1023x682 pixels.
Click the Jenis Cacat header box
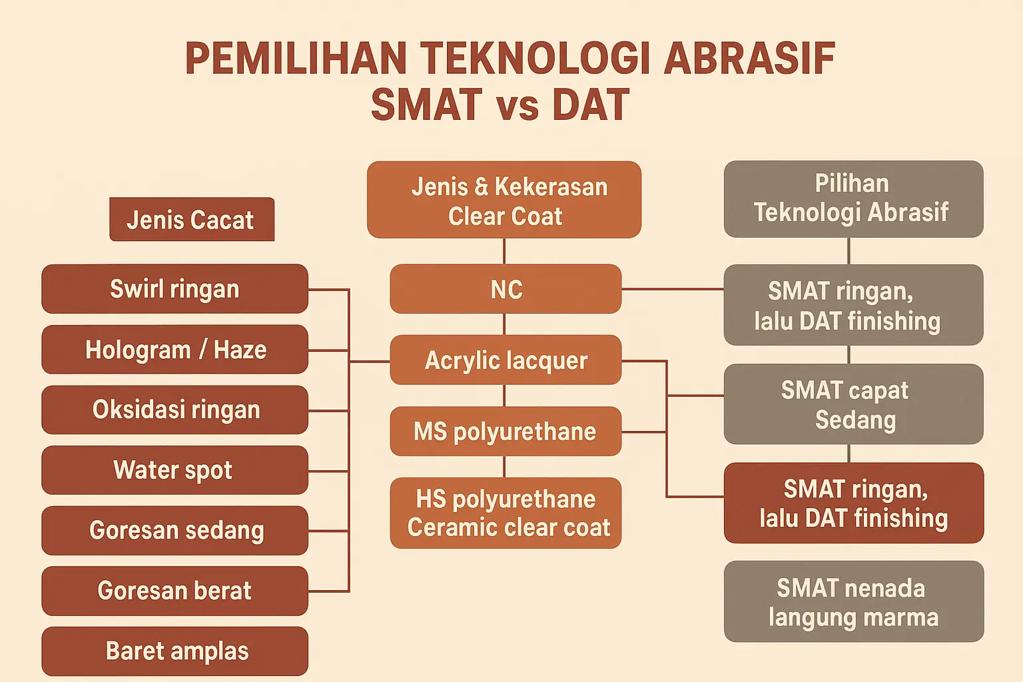[192, 219]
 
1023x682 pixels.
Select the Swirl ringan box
[175, 288]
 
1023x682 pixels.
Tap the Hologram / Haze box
[175, 350]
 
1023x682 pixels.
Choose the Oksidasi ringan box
[175, 410]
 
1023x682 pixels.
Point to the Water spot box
[175, 470]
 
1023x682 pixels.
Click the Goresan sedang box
[175, 530]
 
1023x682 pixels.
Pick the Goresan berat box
[175, 591]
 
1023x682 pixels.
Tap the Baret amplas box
[175, 651]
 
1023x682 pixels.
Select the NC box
[506, 288]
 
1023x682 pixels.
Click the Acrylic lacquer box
[506, 360]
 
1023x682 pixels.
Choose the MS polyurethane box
[506, 431]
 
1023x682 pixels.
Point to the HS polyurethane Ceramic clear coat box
[506, 513]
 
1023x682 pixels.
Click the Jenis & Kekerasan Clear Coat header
[504, 200]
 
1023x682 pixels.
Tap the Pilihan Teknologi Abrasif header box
[854, 198]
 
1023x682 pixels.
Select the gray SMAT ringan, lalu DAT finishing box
[854, 304]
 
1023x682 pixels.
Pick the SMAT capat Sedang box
[854, 404]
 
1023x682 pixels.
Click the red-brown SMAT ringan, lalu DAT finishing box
[854, 503]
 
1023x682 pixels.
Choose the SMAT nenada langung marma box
[854, 601]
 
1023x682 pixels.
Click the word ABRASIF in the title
[749, 59]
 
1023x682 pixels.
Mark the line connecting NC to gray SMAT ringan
[673, 289]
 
